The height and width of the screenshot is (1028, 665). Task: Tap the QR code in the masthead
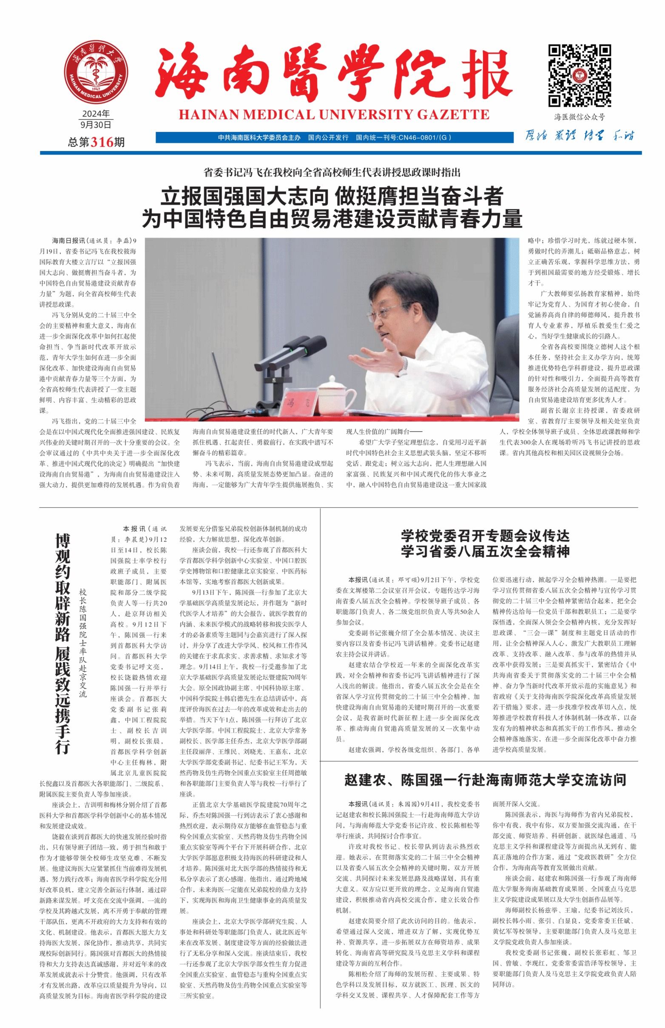580,75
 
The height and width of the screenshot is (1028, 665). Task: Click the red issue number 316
102,142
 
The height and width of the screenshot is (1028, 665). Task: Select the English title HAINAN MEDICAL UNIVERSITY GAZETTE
334,115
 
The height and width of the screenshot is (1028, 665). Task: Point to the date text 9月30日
96,125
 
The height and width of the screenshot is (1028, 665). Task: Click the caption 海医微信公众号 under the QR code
580,117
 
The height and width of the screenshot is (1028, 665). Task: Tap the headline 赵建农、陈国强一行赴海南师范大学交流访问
485,780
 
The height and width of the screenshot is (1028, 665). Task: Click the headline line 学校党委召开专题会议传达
485,536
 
